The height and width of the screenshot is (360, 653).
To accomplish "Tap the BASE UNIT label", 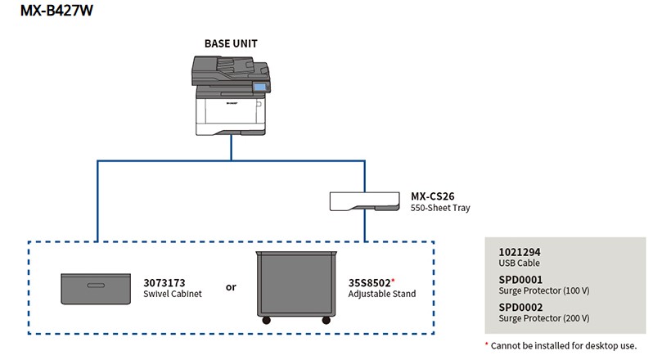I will point(232,43).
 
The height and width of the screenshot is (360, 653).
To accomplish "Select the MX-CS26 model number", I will point(433,196).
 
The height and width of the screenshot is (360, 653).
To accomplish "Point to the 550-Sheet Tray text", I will point(440,208).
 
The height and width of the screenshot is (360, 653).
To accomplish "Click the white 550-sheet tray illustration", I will point(363,202).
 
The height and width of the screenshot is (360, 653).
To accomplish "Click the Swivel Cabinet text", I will point(173,293).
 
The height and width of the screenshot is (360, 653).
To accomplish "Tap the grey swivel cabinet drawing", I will point(96,290).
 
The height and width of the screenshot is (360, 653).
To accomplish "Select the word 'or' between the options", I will point(231,288).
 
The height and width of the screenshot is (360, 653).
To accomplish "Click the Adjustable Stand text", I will point(381,293).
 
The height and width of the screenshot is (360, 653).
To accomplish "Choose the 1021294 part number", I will point(519,252).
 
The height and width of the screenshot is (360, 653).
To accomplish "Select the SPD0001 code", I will point(520,280).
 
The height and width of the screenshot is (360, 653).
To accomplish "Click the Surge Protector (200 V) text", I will point(544,317).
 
